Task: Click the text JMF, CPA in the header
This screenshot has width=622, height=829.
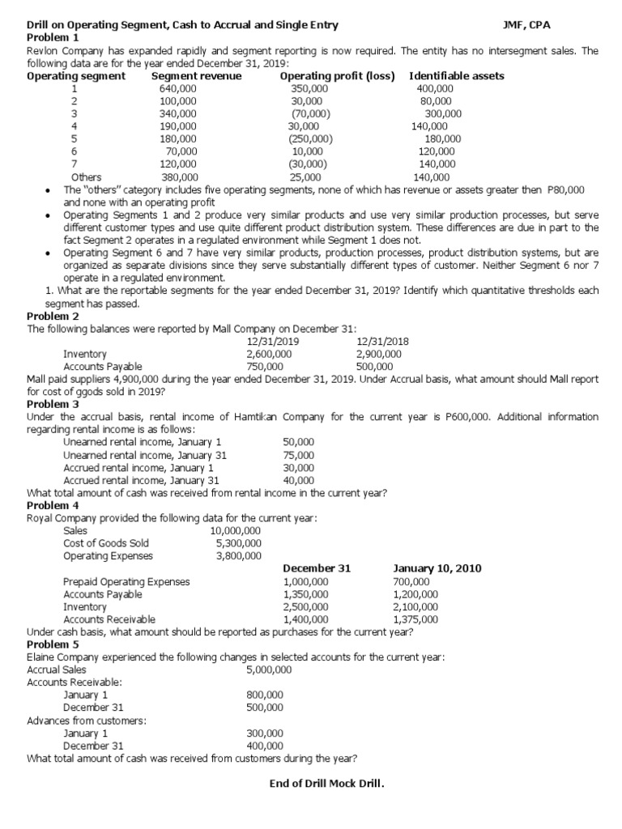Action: tap(526, 25)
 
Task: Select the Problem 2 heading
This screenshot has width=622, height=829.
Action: tap(53, 317)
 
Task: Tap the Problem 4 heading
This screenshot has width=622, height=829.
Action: tap(53, 505)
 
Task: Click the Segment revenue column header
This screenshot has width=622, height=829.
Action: tap(196, 76)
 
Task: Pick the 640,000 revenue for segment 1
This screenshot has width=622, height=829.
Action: tap(178, 88)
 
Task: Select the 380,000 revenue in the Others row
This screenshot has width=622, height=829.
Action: tap(180, 176)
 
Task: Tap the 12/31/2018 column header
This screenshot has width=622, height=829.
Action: tap(382, 342)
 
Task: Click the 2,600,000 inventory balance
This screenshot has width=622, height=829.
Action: tap(269, 354)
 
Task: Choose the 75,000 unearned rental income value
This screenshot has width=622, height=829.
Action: tap(299, 455)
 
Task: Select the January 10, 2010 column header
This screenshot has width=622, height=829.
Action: tap(437, 568)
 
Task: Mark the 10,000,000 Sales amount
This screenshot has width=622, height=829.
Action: tap(235, 531)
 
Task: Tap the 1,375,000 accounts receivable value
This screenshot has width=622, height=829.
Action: tap(415, 619)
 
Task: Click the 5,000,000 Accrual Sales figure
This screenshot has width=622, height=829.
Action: tap(269, 670)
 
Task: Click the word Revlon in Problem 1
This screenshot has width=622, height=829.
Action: tap(44, 51)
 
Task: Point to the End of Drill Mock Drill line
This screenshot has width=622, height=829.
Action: tap(326, 784)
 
